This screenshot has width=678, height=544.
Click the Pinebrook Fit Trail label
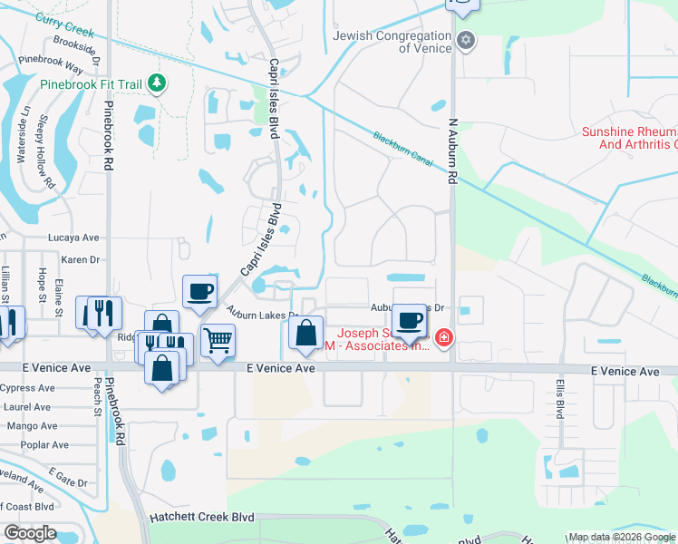pos(91,84)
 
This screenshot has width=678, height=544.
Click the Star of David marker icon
pos(466,40)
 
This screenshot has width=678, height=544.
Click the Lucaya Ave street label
pos(73,238)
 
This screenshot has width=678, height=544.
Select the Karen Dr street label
pos(79,259)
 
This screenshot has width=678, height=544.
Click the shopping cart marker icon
pos(218,341)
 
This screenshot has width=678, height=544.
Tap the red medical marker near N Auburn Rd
pos(443,339)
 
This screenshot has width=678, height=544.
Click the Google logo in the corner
pos(30,533)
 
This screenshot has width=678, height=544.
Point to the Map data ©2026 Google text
pos(621,537)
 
